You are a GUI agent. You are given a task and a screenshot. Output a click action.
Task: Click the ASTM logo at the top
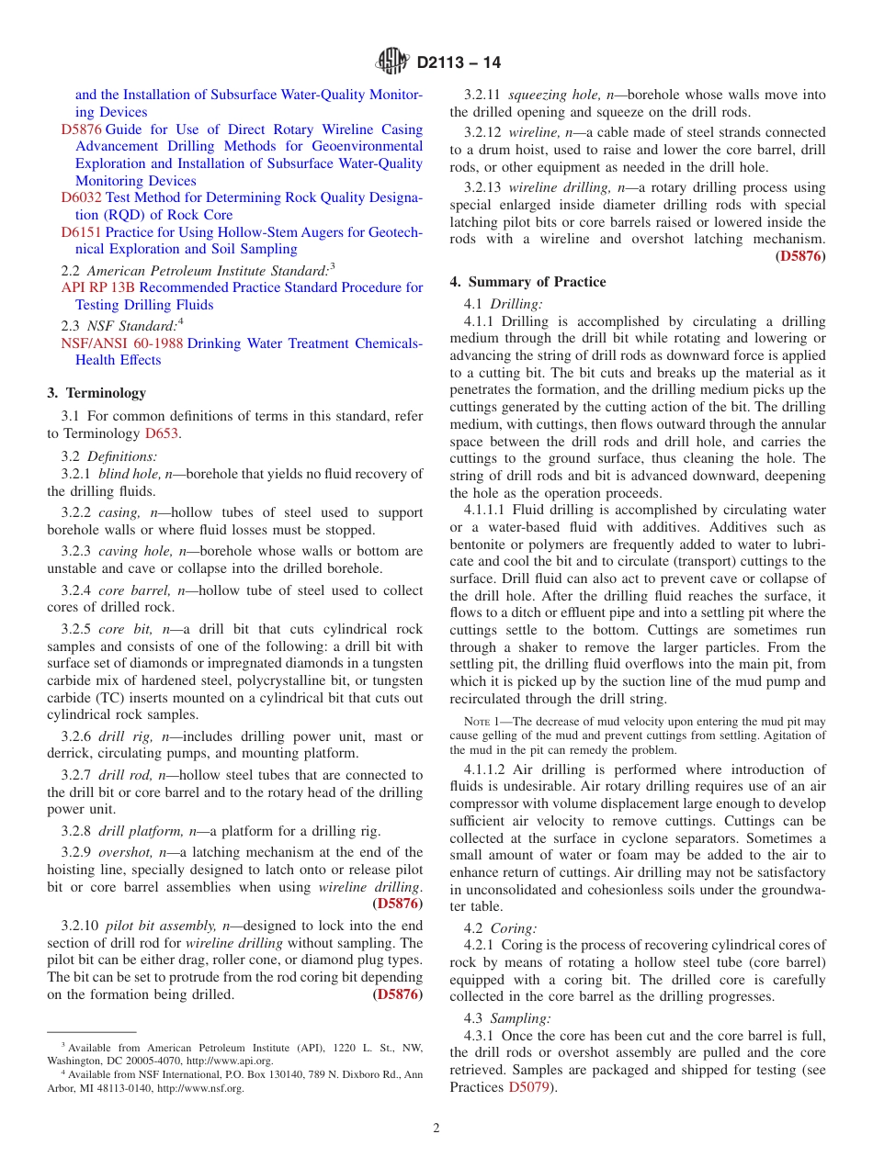393,62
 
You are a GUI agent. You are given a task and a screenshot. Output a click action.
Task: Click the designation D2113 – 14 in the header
459,63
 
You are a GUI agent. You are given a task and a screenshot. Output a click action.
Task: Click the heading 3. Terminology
96,393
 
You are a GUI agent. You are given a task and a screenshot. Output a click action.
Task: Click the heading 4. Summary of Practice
527,282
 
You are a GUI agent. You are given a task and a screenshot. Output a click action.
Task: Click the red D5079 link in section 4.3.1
530,1087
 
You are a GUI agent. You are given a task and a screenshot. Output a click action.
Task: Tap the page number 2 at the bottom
436,1128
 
